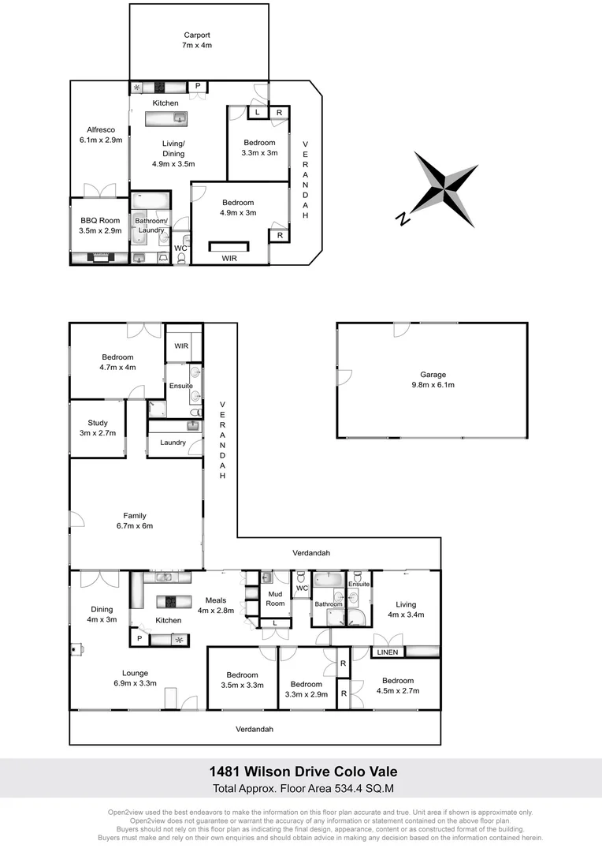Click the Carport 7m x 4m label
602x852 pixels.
(197, 40)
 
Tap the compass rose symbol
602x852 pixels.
(446, 190)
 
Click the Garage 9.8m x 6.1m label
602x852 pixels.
(433, 379)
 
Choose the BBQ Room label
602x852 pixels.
(99, 226)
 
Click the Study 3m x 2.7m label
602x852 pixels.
(98, 428)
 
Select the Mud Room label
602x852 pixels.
(275, 598)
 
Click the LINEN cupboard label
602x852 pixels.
(387, 652)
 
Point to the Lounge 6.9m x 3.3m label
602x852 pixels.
(135, 678)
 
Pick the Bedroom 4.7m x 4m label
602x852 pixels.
(117, 362)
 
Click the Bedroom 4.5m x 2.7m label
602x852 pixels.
(398, 686)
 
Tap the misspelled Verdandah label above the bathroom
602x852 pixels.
(311, 553)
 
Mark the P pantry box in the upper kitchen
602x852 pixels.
(197, 86)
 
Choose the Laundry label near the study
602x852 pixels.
(173, 443)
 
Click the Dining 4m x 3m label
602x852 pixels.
(102, 615)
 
